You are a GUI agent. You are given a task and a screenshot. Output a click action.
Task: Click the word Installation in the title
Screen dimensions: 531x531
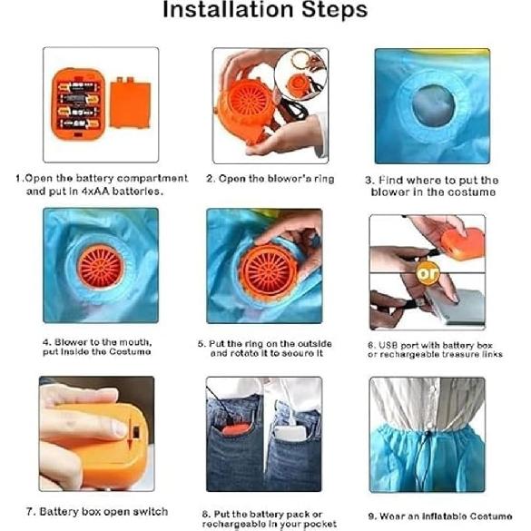coord(228,9)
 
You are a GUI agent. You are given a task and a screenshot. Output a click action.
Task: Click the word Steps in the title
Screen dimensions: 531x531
coord(335,9)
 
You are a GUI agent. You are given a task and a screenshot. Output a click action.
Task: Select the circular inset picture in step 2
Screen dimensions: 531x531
coord(300,74)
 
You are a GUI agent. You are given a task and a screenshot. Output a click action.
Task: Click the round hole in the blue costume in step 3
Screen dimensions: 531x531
coord(434,105)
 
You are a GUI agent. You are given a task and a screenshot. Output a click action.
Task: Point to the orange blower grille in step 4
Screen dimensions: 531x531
coord(101,267)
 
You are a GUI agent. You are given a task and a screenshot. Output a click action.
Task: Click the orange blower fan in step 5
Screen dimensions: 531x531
coord(269,271)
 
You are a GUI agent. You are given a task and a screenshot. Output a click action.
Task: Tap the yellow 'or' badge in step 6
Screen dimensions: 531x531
coord(428,272)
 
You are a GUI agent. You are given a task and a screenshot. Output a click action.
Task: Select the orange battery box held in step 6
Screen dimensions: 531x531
coord(463,243)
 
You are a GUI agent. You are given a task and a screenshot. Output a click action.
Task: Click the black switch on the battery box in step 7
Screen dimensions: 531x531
coord(136,433)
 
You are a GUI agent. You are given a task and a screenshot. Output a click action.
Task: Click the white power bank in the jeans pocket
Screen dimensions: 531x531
coord(290,433)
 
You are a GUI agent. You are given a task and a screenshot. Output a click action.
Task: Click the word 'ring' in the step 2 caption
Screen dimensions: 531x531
coord(324,179)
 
